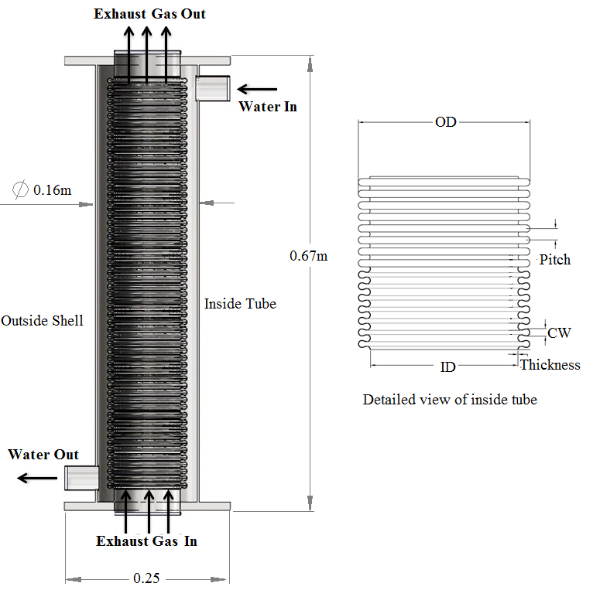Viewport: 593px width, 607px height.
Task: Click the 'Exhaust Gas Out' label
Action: (x=149, y=14)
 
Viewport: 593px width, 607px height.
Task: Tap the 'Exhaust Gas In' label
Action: (x=146, y=541)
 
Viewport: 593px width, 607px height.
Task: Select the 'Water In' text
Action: (x=268, y=107)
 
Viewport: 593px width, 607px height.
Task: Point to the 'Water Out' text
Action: (x=43, y=454)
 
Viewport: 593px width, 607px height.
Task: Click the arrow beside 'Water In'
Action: (x=257, y=89)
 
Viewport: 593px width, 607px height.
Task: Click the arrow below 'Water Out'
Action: (x=37, y=478)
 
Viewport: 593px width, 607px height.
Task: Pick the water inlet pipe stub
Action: (x=213, y=88)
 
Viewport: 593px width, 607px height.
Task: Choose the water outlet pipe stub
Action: (x=81, y=478)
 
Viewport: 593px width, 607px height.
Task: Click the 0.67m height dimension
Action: (x=309, y=256)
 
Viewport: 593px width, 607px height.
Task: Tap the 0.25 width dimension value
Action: (x=146, y=578)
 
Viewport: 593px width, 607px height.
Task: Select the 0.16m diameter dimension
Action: (x=53, y=190)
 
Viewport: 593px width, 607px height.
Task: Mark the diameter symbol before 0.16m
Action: (x=20, y=189)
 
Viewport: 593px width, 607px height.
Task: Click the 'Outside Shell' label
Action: (x=42, y=321)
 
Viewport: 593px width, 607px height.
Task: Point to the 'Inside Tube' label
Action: (x=240, y=304)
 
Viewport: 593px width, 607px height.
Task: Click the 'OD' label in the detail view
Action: (x=446, y=122)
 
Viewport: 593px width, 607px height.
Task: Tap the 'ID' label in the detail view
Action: (x=447, y=367)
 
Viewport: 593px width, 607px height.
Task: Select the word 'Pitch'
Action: (x=555, y=259)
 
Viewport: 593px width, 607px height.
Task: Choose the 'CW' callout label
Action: (x=559, y=332)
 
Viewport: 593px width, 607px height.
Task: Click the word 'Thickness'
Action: (x=550, y=365)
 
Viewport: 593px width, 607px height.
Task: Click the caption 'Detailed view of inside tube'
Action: (x=450, y=400)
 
